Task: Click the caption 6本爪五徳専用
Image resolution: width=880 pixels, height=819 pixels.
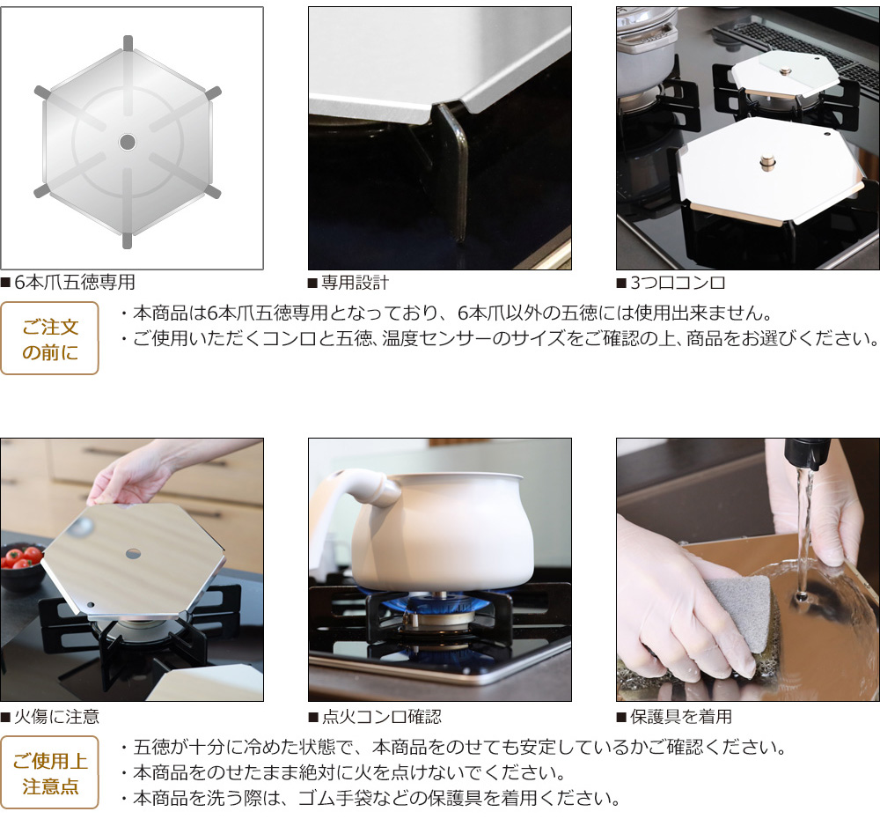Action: [75, 282]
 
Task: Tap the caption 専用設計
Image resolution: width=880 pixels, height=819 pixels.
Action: [356, 282]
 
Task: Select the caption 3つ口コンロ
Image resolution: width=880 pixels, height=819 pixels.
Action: [678, 282]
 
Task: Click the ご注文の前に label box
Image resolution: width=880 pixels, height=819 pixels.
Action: [49, 338]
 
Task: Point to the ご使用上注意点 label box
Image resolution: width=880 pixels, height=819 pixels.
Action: [49, 772]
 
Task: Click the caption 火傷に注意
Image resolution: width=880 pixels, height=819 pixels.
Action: [56, 717]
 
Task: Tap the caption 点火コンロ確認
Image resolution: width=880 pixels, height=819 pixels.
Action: [382, 717]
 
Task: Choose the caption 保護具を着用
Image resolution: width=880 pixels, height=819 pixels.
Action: [681, 717]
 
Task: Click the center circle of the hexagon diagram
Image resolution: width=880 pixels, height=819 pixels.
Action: [128, 142]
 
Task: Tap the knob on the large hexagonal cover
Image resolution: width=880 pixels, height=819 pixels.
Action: [766, 162]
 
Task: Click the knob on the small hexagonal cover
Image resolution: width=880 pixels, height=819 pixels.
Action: [785, 70]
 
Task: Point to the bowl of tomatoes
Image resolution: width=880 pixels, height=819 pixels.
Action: [21, 564]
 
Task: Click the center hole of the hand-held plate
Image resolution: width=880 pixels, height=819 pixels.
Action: [133, 554]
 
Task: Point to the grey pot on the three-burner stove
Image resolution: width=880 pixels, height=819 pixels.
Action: [645, 50]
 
